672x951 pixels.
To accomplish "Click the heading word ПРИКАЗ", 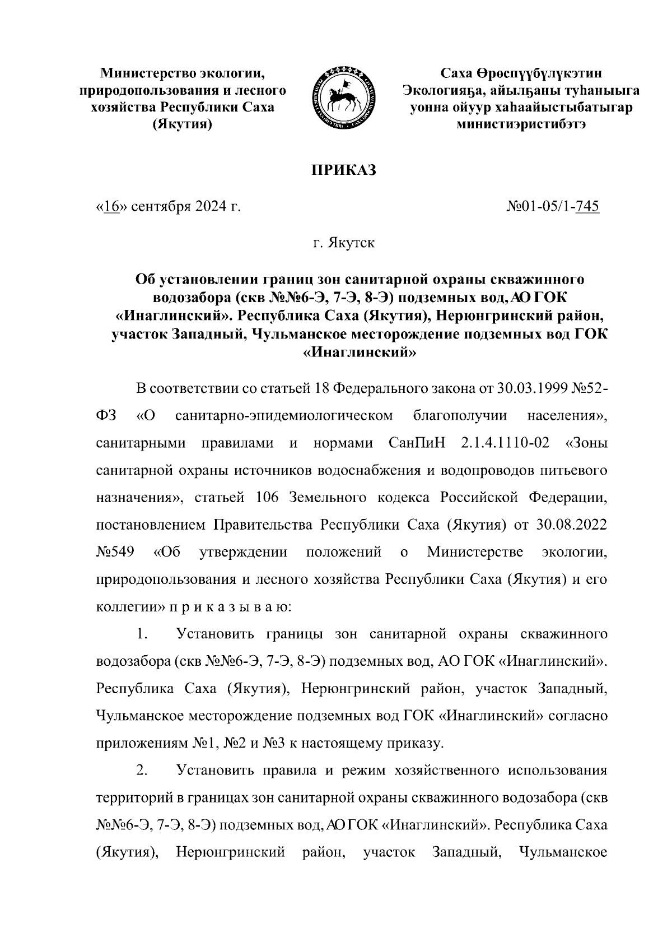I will [x=343, y=170].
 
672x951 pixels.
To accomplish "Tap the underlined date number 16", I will [x=109, y=207].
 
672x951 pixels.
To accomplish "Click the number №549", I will [x=115, y=553].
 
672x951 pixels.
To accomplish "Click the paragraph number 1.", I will [x=141, y=634].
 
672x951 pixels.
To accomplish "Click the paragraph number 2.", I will [x=141, y=771].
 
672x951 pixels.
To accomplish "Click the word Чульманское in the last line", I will [x=563, y=853].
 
